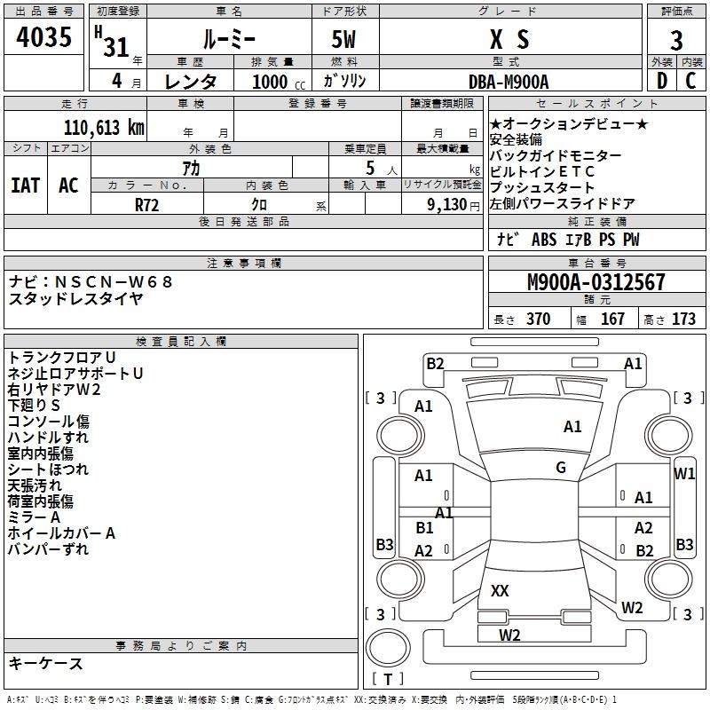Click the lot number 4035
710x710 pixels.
point(43,36)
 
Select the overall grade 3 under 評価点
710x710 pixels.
point(676,40)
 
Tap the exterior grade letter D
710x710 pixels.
point(661,81)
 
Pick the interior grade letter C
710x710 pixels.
point(690,81)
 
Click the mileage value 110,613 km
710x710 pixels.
point(104,128)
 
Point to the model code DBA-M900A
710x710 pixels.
point(509,82)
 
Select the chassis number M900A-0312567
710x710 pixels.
point(596,282)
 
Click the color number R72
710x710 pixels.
point(146,205)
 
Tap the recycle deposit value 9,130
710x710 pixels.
point(447,205)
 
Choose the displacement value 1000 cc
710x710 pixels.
point(279,82)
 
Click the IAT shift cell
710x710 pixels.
point(26,185)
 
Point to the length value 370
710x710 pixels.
point(538,319)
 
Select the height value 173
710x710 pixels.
point(683,319)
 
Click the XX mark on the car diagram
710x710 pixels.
point(500,590)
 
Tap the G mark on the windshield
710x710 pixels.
point(561,468)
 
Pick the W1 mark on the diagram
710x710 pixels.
point(683,474)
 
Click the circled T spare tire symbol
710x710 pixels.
point(388,648)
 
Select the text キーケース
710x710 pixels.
point(46,663)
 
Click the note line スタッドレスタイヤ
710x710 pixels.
point(75,298)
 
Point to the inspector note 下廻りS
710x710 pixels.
point(34,406)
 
